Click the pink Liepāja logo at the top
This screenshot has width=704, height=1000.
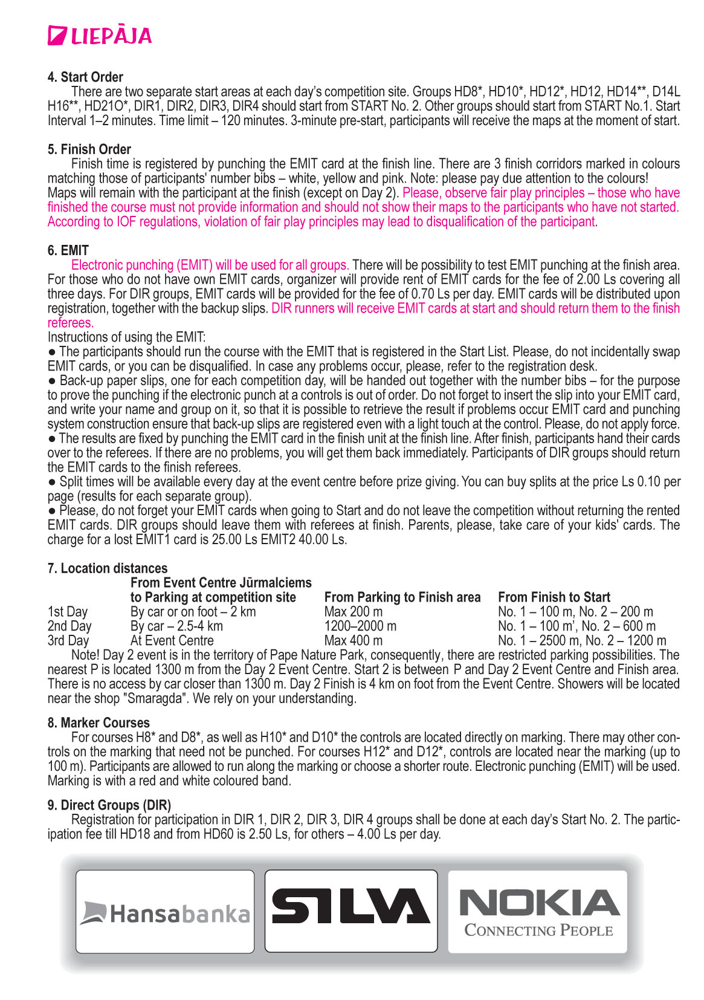(100, 36)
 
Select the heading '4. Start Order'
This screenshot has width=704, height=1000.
(85, 77)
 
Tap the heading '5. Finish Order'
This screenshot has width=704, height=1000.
(89, 149)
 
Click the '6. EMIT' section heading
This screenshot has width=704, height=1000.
(68, 250)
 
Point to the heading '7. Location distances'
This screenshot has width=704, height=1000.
(108, 568)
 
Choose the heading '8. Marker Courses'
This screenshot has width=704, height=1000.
(98, 722)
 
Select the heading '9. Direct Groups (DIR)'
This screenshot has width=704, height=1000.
(109, 805)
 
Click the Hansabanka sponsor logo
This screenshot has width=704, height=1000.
(165, 912)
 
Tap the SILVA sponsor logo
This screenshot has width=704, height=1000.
(351, 907)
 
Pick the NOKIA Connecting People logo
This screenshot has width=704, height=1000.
(538, 912)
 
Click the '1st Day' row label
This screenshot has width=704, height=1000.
(68, 612)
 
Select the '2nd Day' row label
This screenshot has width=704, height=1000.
(69, 626)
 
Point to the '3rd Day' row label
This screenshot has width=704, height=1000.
(68, 641)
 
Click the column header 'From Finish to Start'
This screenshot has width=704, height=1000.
(554, 597)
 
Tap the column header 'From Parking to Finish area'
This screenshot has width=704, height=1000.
(402, 597)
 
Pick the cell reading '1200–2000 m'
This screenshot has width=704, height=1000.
(361, 626)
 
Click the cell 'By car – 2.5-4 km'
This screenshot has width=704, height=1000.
(176, 626)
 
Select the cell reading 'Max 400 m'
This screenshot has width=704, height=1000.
(354, 641)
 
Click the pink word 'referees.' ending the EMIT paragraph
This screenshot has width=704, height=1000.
(71, 323)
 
